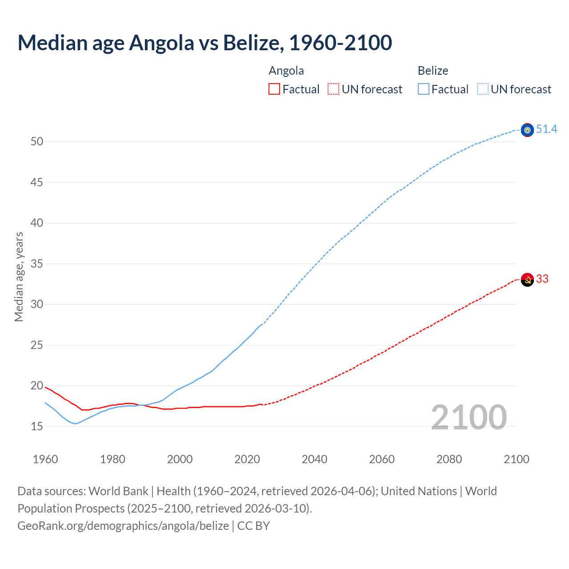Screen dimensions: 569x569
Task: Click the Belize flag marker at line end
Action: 527,130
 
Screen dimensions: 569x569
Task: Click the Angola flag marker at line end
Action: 527,280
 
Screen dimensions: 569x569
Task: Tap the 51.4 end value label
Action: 546,129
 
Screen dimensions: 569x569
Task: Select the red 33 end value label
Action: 542,279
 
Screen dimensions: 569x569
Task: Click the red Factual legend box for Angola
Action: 274,89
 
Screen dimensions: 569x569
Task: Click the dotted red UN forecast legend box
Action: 333,89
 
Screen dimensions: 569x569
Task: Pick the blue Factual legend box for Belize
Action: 424,89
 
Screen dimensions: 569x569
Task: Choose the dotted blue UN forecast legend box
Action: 483,89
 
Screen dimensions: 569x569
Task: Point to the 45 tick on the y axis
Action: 37,182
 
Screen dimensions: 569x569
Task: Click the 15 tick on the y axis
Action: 37,426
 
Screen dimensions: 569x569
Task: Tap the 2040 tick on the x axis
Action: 314,459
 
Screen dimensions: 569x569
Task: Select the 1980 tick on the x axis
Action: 112,459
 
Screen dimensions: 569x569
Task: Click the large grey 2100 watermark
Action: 469,417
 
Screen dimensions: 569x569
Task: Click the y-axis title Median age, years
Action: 19,276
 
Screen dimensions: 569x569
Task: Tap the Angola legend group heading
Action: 286,71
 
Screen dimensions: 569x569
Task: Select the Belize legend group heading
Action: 433,71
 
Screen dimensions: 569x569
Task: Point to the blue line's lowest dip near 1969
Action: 75,424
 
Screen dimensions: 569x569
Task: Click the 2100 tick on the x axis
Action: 516,459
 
